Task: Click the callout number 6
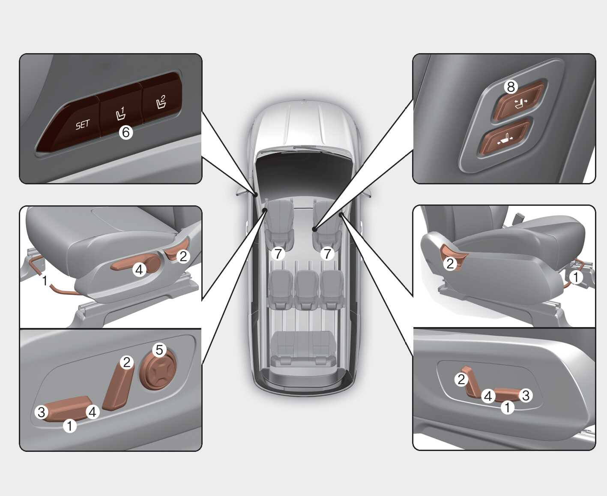[x=126, y=132]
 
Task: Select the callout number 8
[x=511, y=87]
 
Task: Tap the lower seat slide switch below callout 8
[x=505, y=138]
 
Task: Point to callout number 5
[x=159, y=350]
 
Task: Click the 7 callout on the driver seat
[x=278, y=254]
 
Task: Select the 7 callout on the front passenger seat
[x=328, y=254]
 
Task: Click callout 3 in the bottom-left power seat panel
[x=42, y=412]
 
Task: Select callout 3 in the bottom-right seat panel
[x=526, y=395]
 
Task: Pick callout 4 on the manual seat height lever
[x=139, y=270]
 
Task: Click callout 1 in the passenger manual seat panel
[x=576, y=277]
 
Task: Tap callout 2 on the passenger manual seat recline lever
[x=450, y=263]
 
